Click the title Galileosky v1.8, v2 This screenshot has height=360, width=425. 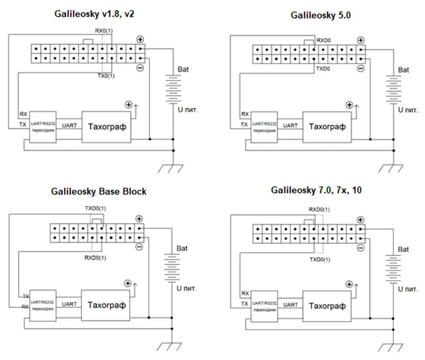pos(94,14)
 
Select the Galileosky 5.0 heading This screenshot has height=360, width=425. pos(321,15)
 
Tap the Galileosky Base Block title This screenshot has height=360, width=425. pos(99,191)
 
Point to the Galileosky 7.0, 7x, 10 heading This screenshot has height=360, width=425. pos(316,190)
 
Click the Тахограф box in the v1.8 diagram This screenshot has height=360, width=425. pos(106,127)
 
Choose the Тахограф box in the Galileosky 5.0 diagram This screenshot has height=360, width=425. pos(327,127)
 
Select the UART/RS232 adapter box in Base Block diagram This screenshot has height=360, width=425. pos(43,306)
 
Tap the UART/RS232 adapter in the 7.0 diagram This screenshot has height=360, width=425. pos(264,306)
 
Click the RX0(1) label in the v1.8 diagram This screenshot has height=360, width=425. pos(104,31)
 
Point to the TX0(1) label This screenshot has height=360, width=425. pos(106,76)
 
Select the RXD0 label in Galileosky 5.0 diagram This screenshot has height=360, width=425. pos(324,41)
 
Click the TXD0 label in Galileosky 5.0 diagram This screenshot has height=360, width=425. pos(323,69)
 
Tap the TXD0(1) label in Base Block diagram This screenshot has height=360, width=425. pos(96,208)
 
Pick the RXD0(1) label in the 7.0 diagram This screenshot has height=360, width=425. pos(319,210)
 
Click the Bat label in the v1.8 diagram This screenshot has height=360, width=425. pos(183,70)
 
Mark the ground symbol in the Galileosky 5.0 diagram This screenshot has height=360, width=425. pos(391,168)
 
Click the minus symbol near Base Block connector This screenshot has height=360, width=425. pos(139,247)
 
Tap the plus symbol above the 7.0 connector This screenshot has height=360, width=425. pos(360,220)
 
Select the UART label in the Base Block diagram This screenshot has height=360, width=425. pos(69,304)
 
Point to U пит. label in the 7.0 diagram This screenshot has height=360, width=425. pos(408,289)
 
